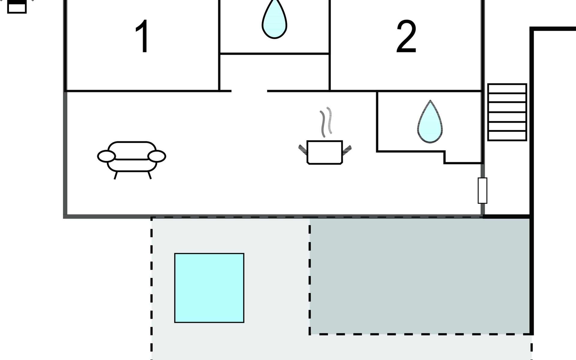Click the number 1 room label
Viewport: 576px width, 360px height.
coord(142,36)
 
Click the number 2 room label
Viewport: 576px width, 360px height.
coord(406,37)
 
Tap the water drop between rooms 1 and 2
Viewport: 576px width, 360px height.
coord(274,19)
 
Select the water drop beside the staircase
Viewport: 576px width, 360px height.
coord(430,121)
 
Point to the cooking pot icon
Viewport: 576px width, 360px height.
coord(325,152)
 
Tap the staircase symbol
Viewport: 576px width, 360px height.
coord(507,112)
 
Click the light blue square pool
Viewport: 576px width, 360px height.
coord(209,288)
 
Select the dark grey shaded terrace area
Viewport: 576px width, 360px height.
coord(420,276)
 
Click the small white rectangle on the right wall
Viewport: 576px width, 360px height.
coord(482,190)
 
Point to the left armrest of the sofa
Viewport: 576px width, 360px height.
coord(106,156)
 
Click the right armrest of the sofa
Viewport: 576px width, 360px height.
coord(157,156)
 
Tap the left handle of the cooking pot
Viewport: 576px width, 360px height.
coord(303,150)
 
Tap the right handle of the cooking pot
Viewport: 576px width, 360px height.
coord(347,150)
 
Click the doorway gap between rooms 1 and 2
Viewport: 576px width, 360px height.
coord(249,91)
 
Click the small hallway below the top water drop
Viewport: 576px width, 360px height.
coord(274,72)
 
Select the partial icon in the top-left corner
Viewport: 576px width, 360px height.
coord(17,7)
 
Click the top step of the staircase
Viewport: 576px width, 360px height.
coord(507,89)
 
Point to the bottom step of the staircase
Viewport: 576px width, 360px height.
coord(507,136)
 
